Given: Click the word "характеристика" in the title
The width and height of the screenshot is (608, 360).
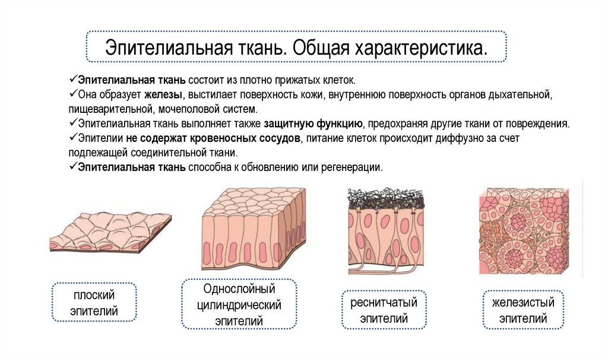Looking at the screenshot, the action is (x=421, y=48).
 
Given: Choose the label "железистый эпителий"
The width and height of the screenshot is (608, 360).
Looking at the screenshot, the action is (x=522, y=310).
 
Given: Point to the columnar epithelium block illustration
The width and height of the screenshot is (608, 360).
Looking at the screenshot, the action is (x=254, y=229).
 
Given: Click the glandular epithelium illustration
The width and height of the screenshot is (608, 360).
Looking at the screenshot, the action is (x=524, y=232).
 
